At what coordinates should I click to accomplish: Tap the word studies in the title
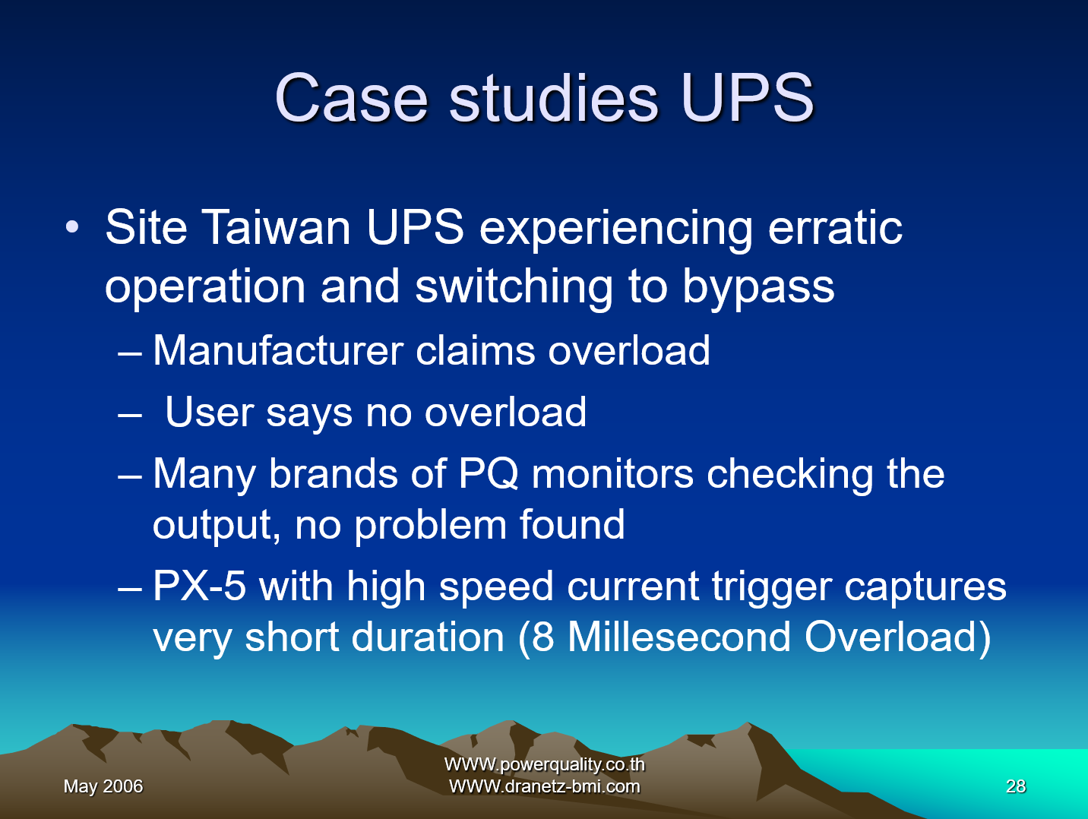[x=554, y=97]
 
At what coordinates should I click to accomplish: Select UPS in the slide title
[x=747, y=97]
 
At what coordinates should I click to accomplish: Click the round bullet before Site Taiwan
[x=72, y=227]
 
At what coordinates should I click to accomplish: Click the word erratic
[x=835, y=227]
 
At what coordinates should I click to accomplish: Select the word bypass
[x=758, y=286]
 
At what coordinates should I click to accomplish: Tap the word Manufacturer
[x=278, y=351]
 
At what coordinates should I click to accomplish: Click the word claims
[x=476, y=351]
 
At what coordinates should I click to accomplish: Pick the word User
[x=209, y=413]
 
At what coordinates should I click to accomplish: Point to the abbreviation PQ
[x=489, y=474]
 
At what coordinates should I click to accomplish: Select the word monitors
[x=612, y=474]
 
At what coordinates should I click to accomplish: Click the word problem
[x=430, y=525]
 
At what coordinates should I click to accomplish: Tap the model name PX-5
[x=199, y=586]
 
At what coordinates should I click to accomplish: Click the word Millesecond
[x=678, y=637]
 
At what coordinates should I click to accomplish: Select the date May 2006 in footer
[x=103, y=786]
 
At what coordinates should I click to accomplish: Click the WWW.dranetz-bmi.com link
[x=544, y=786]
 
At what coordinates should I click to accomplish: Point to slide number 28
[x=1016, y=786]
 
